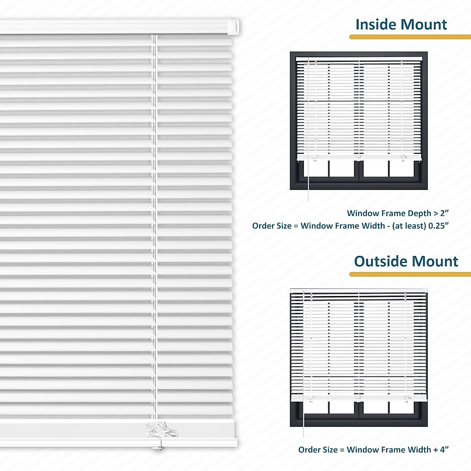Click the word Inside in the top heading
375,24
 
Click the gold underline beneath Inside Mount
410,37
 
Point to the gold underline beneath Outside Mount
410,274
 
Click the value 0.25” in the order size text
438,226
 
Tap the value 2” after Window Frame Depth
444,213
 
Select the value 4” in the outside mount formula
444,450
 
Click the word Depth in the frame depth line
420,213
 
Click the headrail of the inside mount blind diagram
359,58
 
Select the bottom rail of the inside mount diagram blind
359,157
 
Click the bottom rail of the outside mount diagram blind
359,398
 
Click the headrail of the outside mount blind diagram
359,291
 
